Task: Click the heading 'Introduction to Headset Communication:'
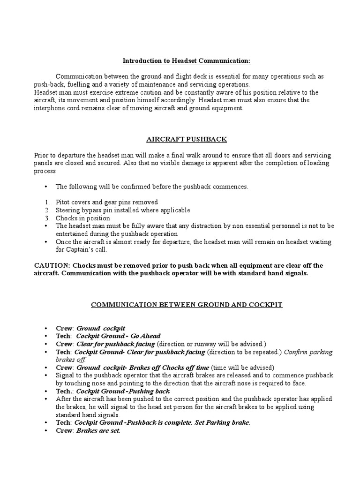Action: click(180, 61)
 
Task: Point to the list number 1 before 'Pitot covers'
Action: click(47, 202)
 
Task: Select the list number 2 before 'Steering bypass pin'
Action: click(47, 210)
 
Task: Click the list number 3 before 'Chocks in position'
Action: click(47, 218)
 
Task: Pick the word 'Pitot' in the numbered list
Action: click(63, 202)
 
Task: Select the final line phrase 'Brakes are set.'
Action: click(98, 431)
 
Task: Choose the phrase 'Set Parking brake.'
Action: click(221, 423)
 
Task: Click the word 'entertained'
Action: click(71, 234)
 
